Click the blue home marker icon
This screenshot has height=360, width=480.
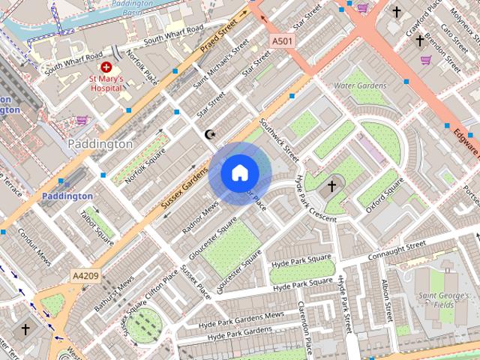(239, 173)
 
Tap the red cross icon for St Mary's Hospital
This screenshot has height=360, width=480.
(106, 67)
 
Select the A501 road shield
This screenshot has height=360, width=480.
(282, 40)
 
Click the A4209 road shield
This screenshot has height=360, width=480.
(85, 276)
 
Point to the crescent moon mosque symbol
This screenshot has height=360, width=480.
(210, 135)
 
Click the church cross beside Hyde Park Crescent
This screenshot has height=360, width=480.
(331, 185)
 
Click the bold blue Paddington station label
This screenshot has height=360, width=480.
(67, 196)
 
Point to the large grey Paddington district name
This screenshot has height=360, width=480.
(100, 143)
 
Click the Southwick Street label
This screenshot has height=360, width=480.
(279, 139)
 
